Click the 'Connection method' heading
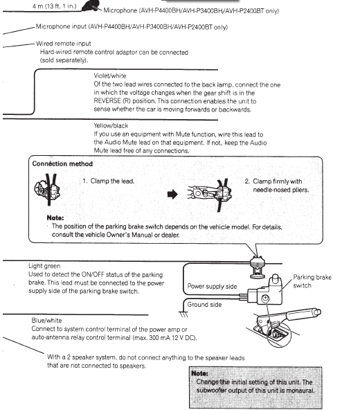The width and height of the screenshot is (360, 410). point(62,163)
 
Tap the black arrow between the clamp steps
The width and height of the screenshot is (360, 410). point(172,195)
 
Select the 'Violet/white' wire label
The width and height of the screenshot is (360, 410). point(110,75)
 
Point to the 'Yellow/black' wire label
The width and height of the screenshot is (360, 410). point(111,126)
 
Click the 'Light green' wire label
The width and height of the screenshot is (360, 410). point(44,266)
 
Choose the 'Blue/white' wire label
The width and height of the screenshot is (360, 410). point(46,321)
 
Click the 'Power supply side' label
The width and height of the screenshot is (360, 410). point(212,286)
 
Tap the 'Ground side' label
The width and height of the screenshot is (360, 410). point(204,305)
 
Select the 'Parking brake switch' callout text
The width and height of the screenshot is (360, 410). point(312,281)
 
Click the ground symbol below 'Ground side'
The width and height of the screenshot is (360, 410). point(183,314)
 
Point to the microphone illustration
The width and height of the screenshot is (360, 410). point(91,6)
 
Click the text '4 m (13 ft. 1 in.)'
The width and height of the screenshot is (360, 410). point(55,6)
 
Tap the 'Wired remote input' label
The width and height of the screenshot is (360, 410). point(63,44)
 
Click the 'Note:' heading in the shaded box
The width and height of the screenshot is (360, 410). point(200,373)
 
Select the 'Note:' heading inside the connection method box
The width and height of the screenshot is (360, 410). point(55,217)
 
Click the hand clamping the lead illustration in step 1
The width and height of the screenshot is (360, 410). point(47,190)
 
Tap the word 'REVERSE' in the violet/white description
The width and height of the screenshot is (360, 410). point(107,101)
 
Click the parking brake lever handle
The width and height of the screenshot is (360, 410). point(303,314)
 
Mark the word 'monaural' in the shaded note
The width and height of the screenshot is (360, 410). point(300,391)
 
